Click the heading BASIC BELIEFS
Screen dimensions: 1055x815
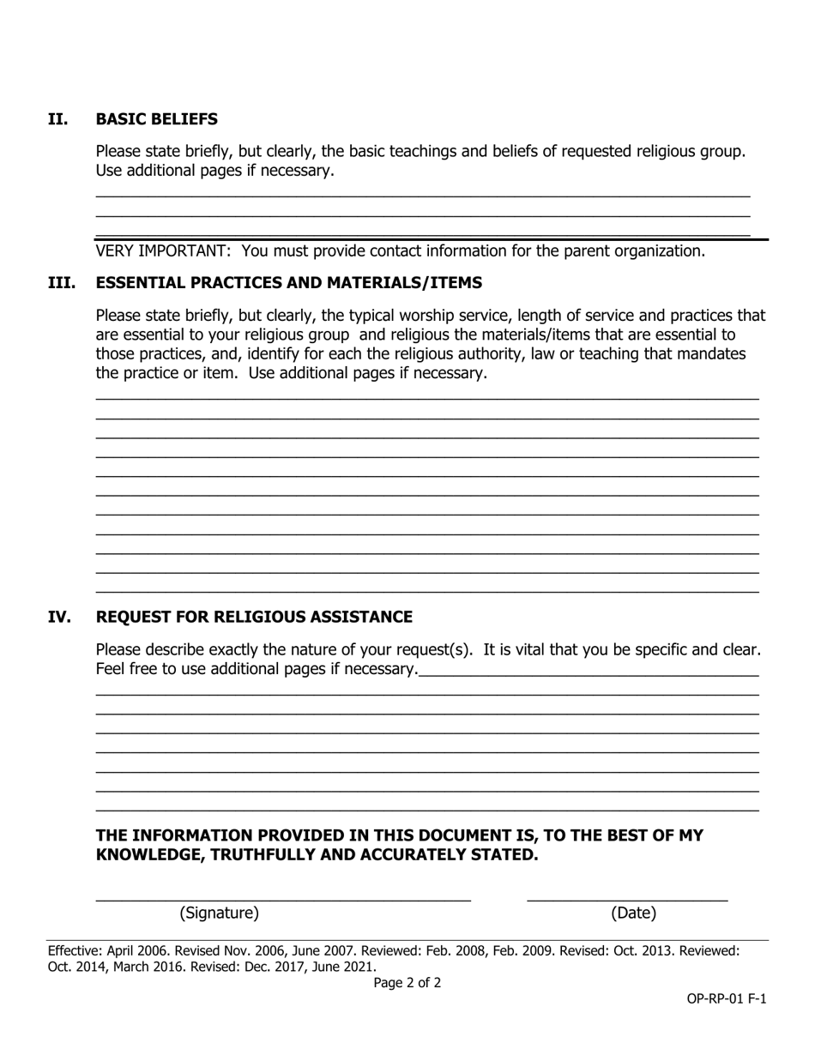point(156,119)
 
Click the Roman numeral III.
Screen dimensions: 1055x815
point(61,283)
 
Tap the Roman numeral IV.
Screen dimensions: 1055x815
point(59,618)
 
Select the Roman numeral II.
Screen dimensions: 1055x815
point(57,119)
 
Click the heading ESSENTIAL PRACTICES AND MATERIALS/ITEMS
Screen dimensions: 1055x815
point(288,283)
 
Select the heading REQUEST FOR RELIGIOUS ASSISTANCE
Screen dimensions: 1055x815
point(254,618)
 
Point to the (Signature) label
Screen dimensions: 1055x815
point(219,913)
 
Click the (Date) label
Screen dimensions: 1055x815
point(633,913)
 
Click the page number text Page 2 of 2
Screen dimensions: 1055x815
point(407,983)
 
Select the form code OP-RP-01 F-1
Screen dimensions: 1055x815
point(726,999)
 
